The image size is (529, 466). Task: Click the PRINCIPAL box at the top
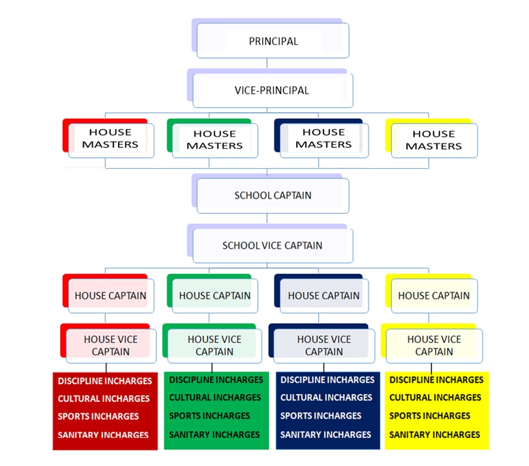pos(273,41)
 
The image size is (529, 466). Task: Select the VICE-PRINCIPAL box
pos(273,90)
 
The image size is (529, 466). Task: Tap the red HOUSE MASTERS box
pos(110,139)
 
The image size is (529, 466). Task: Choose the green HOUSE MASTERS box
pos(214,140)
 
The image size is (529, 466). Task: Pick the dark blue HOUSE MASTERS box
pos(324,139)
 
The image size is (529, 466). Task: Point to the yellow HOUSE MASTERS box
pos(433,140)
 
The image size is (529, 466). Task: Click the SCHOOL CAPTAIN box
pos(273,195)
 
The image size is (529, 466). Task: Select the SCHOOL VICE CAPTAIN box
pos(273,245)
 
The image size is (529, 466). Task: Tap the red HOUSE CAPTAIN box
pos(110,296)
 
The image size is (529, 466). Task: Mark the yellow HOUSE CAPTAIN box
pos(433,296)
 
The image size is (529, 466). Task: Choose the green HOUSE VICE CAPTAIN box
pos(214,345)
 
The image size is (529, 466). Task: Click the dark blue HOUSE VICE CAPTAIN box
pos(324,345)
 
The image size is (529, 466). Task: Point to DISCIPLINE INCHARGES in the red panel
pos(104,381)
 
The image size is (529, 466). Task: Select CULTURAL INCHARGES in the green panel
pos(215,398)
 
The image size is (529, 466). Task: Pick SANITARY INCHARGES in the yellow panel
pos(435,435)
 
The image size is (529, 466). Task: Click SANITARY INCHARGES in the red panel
pos(104,435)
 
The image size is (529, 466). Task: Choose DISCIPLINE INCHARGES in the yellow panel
pos(436,380)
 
